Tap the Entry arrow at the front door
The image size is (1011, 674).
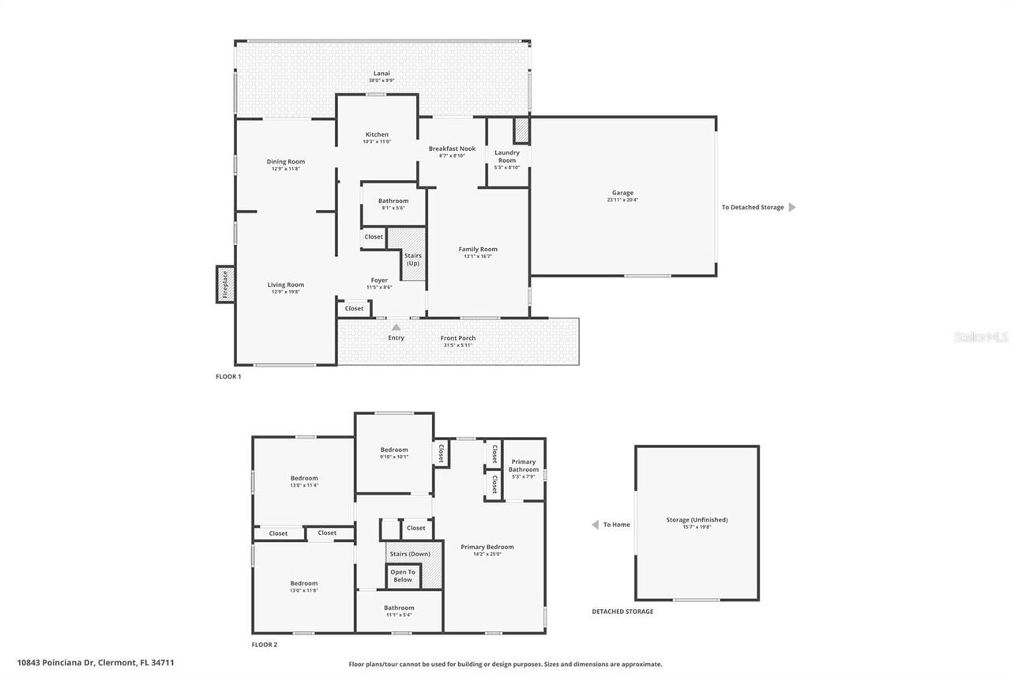(396, 327)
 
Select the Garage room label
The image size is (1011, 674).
(622, 193)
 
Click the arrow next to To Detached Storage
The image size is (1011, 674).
(792, 208)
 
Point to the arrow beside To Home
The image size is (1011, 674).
(595, 525)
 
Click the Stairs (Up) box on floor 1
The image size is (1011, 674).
(413, 258)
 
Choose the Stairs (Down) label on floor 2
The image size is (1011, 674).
(410, 554)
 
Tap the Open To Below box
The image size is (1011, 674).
(402, 576)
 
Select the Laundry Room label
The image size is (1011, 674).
(506, 156)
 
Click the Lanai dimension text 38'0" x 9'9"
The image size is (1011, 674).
(381, 81)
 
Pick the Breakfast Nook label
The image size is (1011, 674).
(452, 149)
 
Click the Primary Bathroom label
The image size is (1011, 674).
(524, 465)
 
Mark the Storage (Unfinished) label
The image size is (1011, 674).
(697, 520)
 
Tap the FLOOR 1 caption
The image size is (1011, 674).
(228, 377)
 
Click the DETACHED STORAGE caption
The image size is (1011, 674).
(622, 612)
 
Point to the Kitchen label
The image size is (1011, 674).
(377, 134)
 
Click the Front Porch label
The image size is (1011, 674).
(458, 338)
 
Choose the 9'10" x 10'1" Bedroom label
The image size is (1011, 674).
(394, 450)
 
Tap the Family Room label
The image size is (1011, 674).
(478, 250)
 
